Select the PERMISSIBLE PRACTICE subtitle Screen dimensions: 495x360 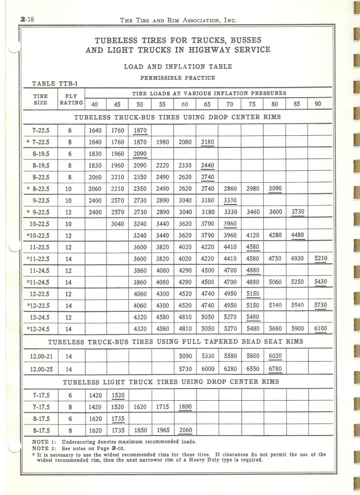coord(178,77)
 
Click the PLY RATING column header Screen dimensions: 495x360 coord(71,100)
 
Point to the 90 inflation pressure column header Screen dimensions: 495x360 coord(318,104)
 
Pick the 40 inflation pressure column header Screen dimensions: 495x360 coord(95,104)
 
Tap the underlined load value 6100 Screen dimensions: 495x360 coord(320,329)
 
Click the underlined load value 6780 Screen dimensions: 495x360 coord(275,369)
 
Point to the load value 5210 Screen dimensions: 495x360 coord(320,258)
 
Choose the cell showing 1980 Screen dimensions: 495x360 coord(162,142)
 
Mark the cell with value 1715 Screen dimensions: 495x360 coord(162,407)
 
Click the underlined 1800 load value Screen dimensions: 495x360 coord(185,407)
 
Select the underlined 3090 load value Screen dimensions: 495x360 coord(275,188)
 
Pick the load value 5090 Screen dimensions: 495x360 coord(185,356)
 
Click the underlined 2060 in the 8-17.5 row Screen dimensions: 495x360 coord(185,430)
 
